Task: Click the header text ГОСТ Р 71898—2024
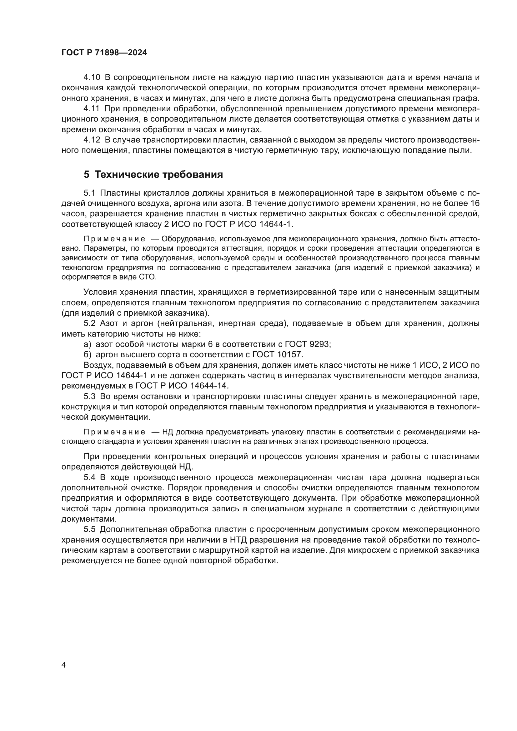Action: (104, 53)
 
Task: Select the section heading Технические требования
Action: (159, 174)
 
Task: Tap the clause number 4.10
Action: (92, 78)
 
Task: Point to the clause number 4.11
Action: (91, 108)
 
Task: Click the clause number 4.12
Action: (92, 140)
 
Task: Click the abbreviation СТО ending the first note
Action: (148, 277)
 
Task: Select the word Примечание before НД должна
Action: (114, 432)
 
